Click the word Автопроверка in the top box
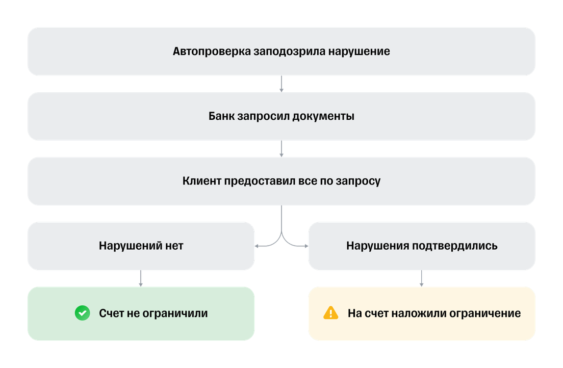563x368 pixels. [x=211, y=51]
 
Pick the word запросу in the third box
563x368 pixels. [x=361, y=181]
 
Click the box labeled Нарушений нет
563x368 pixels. [x=141, y=246]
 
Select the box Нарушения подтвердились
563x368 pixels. [x=422, y=246]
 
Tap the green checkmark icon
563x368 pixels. [x=82, y=313]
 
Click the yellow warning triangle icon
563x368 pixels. [x=331, y=313]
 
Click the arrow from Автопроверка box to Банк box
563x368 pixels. [x=281, y=84]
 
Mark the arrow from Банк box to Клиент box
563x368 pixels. [x=281, y=149]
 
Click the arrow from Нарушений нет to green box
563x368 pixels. [x=141, y=278]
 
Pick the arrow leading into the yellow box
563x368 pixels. [x=422, y=278]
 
